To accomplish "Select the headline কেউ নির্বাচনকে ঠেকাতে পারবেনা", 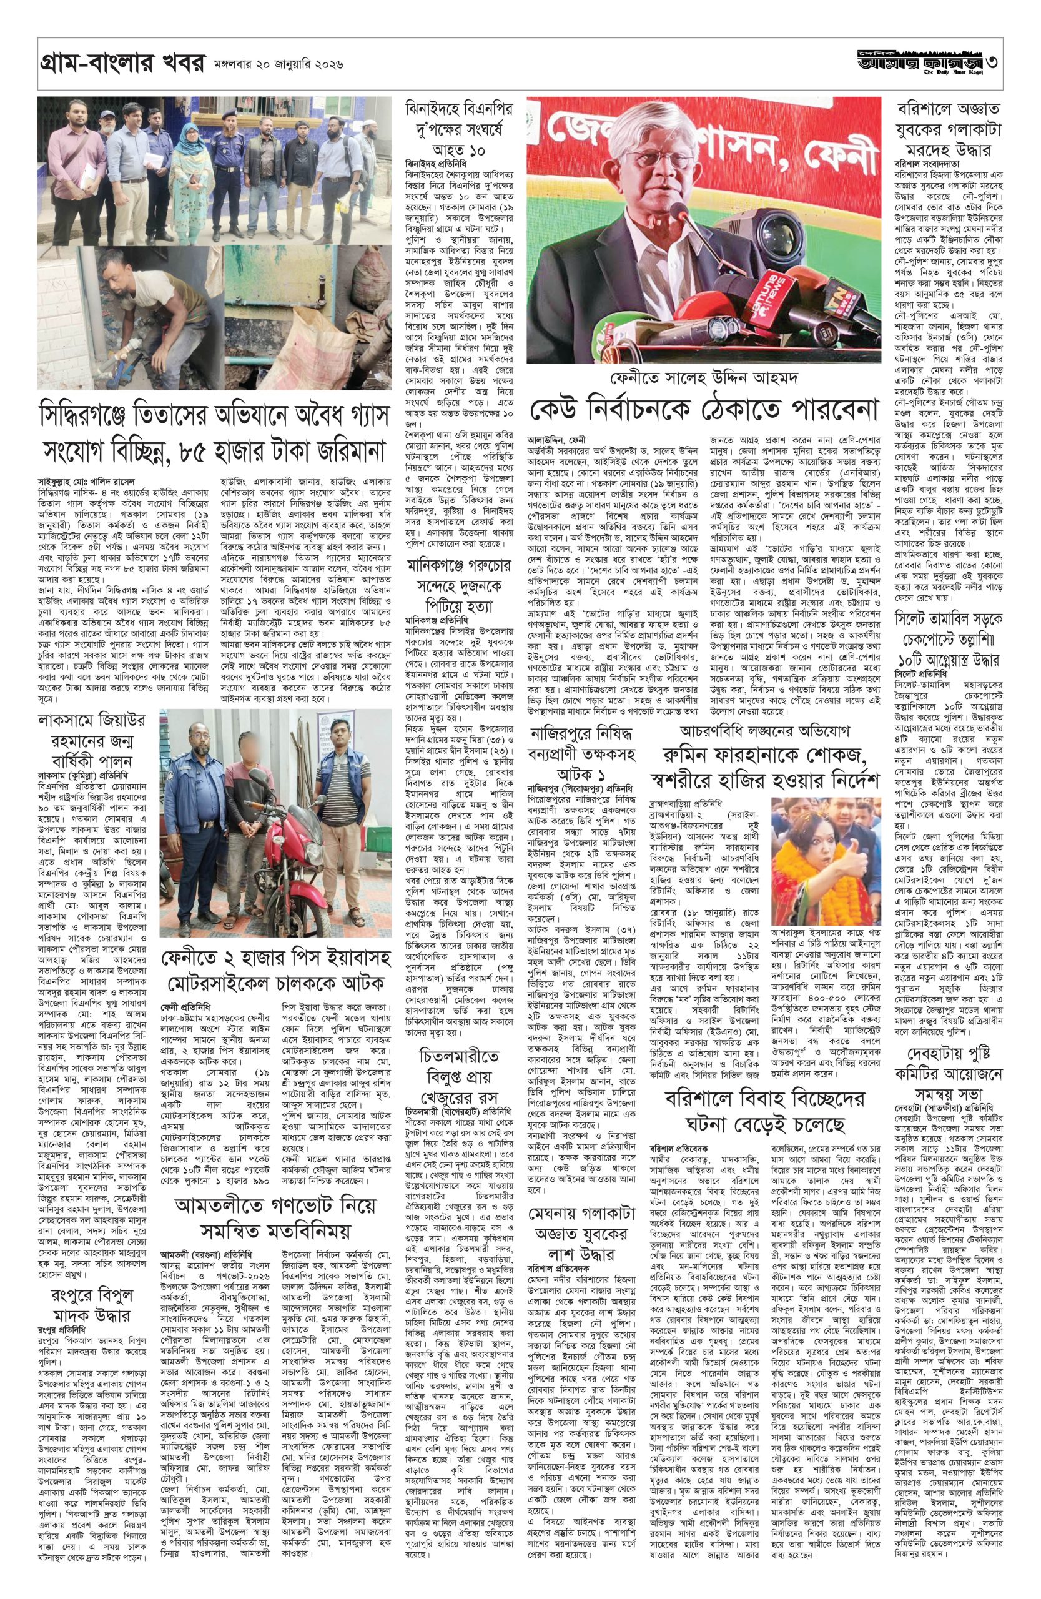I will [704, 409].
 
